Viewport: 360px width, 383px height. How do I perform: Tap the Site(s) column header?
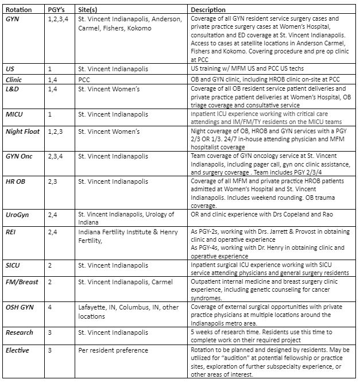click(91, 10)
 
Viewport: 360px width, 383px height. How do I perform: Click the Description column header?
click(208, 10)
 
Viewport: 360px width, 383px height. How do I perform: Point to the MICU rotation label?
click(15, 114)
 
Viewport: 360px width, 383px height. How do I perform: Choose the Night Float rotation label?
click(22, 131)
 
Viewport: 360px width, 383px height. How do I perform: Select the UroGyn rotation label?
click(18, 213)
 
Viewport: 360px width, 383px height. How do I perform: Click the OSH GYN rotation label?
click(20, 307)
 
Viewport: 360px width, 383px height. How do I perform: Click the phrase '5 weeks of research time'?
click(224, 332)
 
